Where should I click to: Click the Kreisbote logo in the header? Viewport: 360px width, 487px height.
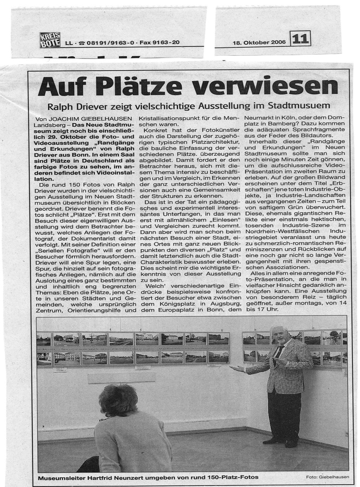[50, 40]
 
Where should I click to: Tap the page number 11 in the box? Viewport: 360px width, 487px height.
[300, 39]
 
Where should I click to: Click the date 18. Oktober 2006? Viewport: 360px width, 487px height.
[259, 42]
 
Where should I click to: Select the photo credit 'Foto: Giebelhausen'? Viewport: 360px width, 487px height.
[328, 477]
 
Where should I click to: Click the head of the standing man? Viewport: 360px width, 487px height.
[279, 334]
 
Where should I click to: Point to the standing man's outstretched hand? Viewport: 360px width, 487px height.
[234, 369]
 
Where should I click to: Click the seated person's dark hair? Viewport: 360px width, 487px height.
[118, 399]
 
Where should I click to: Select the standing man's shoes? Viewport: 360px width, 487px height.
[281, 442]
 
